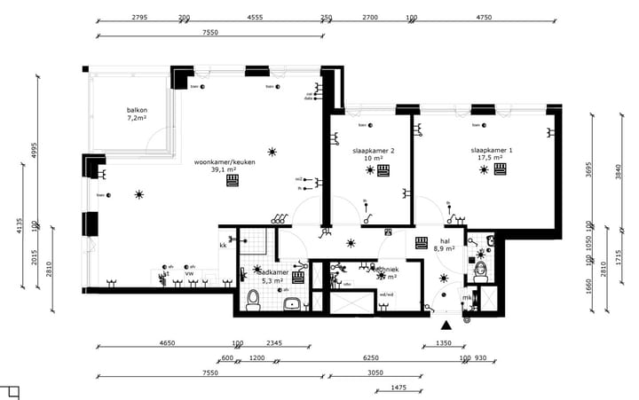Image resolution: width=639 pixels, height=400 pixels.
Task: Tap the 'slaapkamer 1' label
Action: [491, 151]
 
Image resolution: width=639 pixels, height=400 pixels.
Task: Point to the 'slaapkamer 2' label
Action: [373, 151]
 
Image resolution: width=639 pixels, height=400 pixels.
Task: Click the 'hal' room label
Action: [445, 240]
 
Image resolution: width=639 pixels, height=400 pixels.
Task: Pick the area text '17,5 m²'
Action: [491, 159]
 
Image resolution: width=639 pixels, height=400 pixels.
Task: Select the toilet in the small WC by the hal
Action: [480, 272]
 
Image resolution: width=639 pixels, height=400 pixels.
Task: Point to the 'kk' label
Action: [223, 245]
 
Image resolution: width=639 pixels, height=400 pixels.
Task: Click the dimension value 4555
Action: [255, 18]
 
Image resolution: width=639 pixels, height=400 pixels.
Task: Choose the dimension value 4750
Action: [484, 18]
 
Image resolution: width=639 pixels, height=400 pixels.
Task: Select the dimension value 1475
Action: [398, 388]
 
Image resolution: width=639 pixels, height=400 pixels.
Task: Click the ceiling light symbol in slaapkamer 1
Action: [483, 169]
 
